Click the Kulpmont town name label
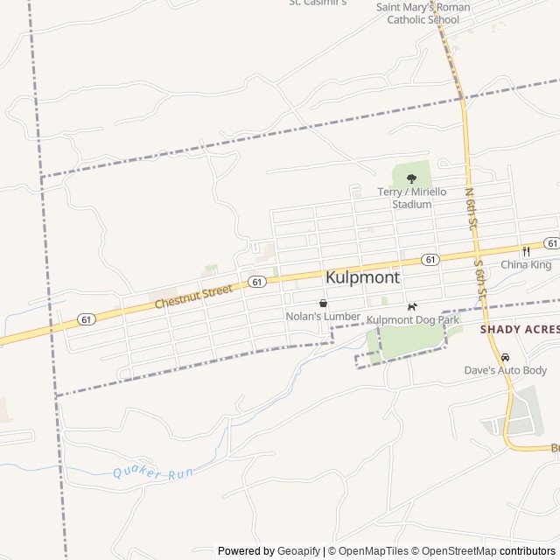click(362, 277)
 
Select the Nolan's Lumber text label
click(323, 316)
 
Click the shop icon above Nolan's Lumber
click(323, 303)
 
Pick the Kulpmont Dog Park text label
click(413, 320)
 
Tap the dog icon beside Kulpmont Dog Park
click(412, 306)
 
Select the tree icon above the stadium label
click(411, 178)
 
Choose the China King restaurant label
click(526, 264)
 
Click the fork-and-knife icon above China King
click(526, 250)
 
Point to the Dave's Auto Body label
click(505, 370)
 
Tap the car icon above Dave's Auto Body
click(505, 357)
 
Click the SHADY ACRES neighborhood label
click(519, 329)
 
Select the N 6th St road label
click(470, 210)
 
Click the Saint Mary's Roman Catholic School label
click(423, 13)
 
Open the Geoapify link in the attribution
click(298, 551)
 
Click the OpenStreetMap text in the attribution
click(460, 551)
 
